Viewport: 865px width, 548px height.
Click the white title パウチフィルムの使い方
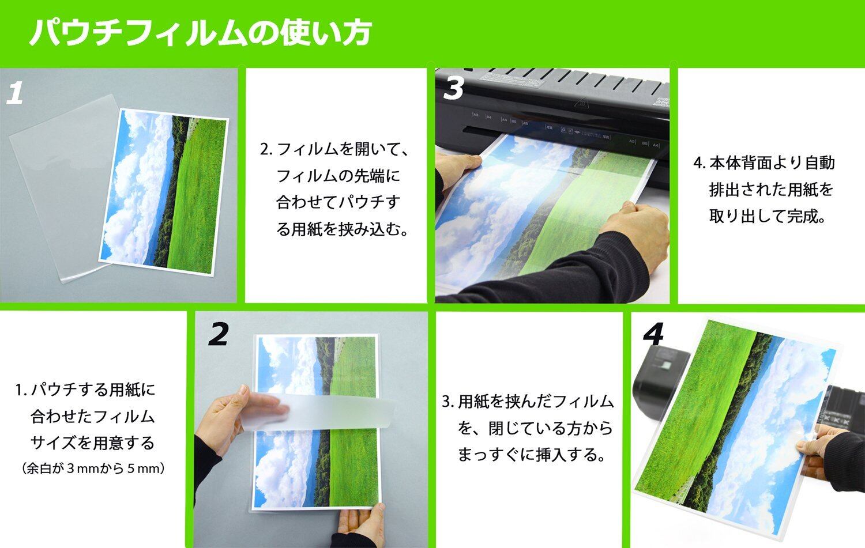[201, 32]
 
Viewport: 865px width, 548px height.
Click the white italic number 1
[15, 93]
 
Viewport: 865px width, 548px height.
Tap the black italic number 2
[219, 335]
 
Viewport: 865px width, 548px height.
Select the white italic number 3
[453, 88]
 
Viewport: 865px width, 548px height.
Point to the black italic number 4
[653, 335]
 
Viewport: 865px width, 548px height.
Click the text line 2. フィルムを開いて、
[334, 149]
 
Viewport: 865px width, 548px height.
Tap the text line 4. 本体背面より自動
[764, 163]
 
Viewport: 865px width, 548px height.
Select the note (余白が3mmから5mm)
[93, 468]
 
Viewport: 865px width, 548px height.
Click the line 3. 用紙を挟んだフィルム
[528, 402]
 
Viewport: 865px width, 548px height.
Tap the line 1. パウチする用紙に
[85, 390]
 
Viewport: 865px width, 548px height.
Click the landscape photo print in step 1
[164, 192]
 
